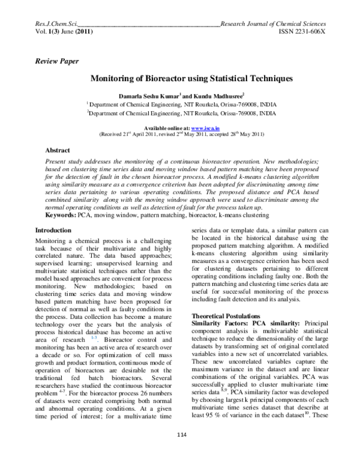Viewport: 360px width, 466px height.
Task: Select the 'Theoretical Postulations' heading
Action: [x=226, y=315]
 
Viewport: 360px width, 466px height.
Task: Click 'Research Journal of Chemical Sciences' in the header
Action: [x=272, y=23]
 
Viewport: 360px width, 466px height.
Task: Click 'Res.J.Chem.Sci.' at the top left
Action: [x=58, y=23]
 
